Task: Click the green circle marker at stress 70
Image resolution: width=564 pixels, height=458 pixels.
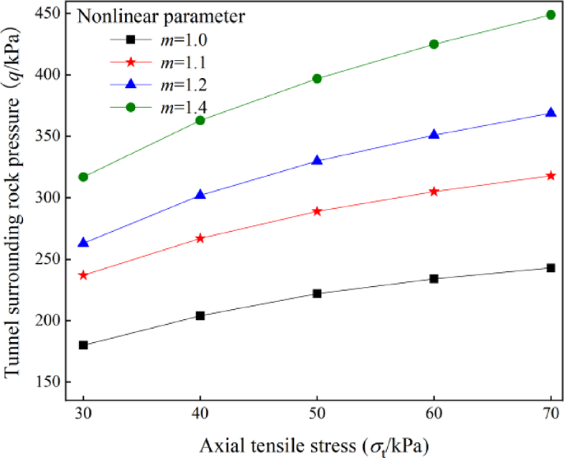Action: pyautogui.click(x=551, y=15)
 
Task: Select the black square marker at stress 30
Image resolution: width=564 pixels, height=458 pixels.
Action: pyautogui.click(x=83, y=345)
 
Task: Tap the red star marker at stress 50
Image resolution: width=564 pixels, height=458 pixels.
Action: pyautogui.click(x=317, y=211)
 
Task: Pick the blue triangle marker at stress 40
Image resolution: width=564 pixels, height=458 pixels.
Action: pyautogui.click(x=200, y=195)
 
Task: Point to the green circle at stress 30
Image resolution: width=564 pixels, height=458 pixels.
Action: pyautogui.click(x=83, y=177)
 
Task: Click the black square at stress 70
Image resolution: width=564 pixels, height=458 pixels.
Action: pyautogui.click(x=551, y=268)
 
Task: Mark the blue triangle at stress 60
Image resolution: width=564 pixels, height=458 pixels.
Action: pyautogui.click(x=434, y=134)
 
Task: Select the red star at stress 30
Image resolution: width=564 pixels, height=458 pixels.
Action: pyautogui.click(x=83, y=275)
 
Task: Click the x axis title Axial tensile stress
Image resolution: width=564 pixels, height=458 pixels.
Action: pyautogui.click(x=314, y=444)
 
